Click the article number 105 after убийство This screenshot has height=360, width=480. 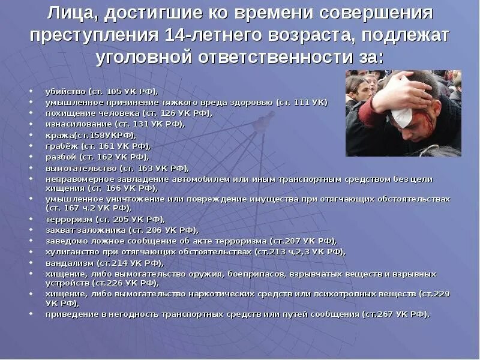[113, 91]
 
